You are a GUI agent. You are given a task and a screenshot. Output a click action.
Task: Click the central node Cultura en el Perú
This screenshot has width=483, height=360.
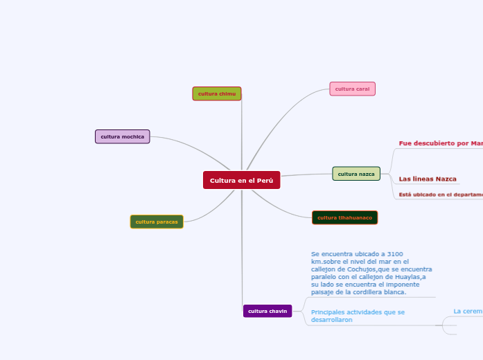[241, 180]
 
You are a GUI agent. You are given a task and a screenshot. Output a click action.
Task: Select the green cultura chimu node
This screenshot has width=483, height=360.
[217, 93]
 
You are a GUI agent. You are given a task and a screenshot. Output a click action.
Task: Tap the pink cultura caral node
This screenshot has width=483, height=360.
[352, 89]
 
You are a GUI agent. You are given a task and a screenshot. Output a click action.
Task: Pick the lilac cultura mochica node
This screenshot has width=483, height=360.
[122, 136]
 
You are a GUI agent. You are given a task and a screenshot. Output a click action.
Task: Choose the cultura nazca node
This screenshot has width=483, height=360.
[356, 174]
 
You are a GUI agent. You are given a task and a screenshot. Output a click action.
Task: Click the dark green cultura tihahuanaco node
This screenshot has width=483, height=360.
[344, 217]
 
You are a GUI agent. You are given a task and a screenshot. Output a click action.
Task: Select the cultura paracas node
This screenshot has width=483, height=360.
[157, 222]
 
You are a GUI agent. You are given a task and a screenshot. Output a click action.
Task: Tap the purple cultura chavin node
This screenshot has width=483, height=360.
[267, 311]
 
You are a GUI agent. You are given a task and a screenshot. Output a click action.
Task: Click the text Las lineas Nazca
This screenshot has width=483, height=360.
[428, 179]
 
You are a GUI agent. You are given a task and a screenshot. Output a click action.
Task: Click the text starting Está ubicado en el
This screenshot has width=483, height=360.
[439, 195]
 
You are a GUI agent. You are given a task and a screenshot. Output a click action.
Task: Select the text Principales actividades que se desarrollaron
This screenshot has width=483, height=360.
[358, 316]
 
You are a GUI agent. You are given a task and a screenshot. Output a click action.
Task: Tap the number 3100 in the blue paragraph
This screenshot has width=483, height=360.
[394, 254]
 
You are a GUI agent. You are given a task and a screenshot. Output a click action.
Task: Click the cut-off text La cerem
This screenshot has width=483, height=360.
[468, 312]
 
